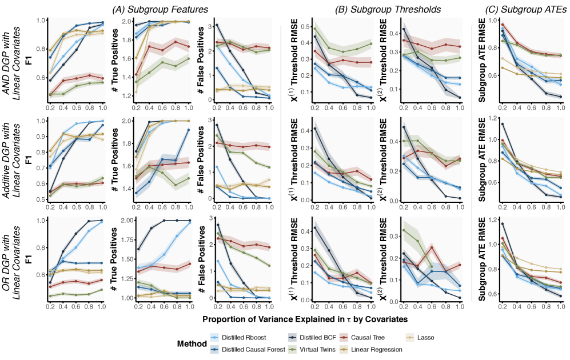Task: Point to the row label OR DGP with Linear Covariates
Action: pos(15,259)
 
